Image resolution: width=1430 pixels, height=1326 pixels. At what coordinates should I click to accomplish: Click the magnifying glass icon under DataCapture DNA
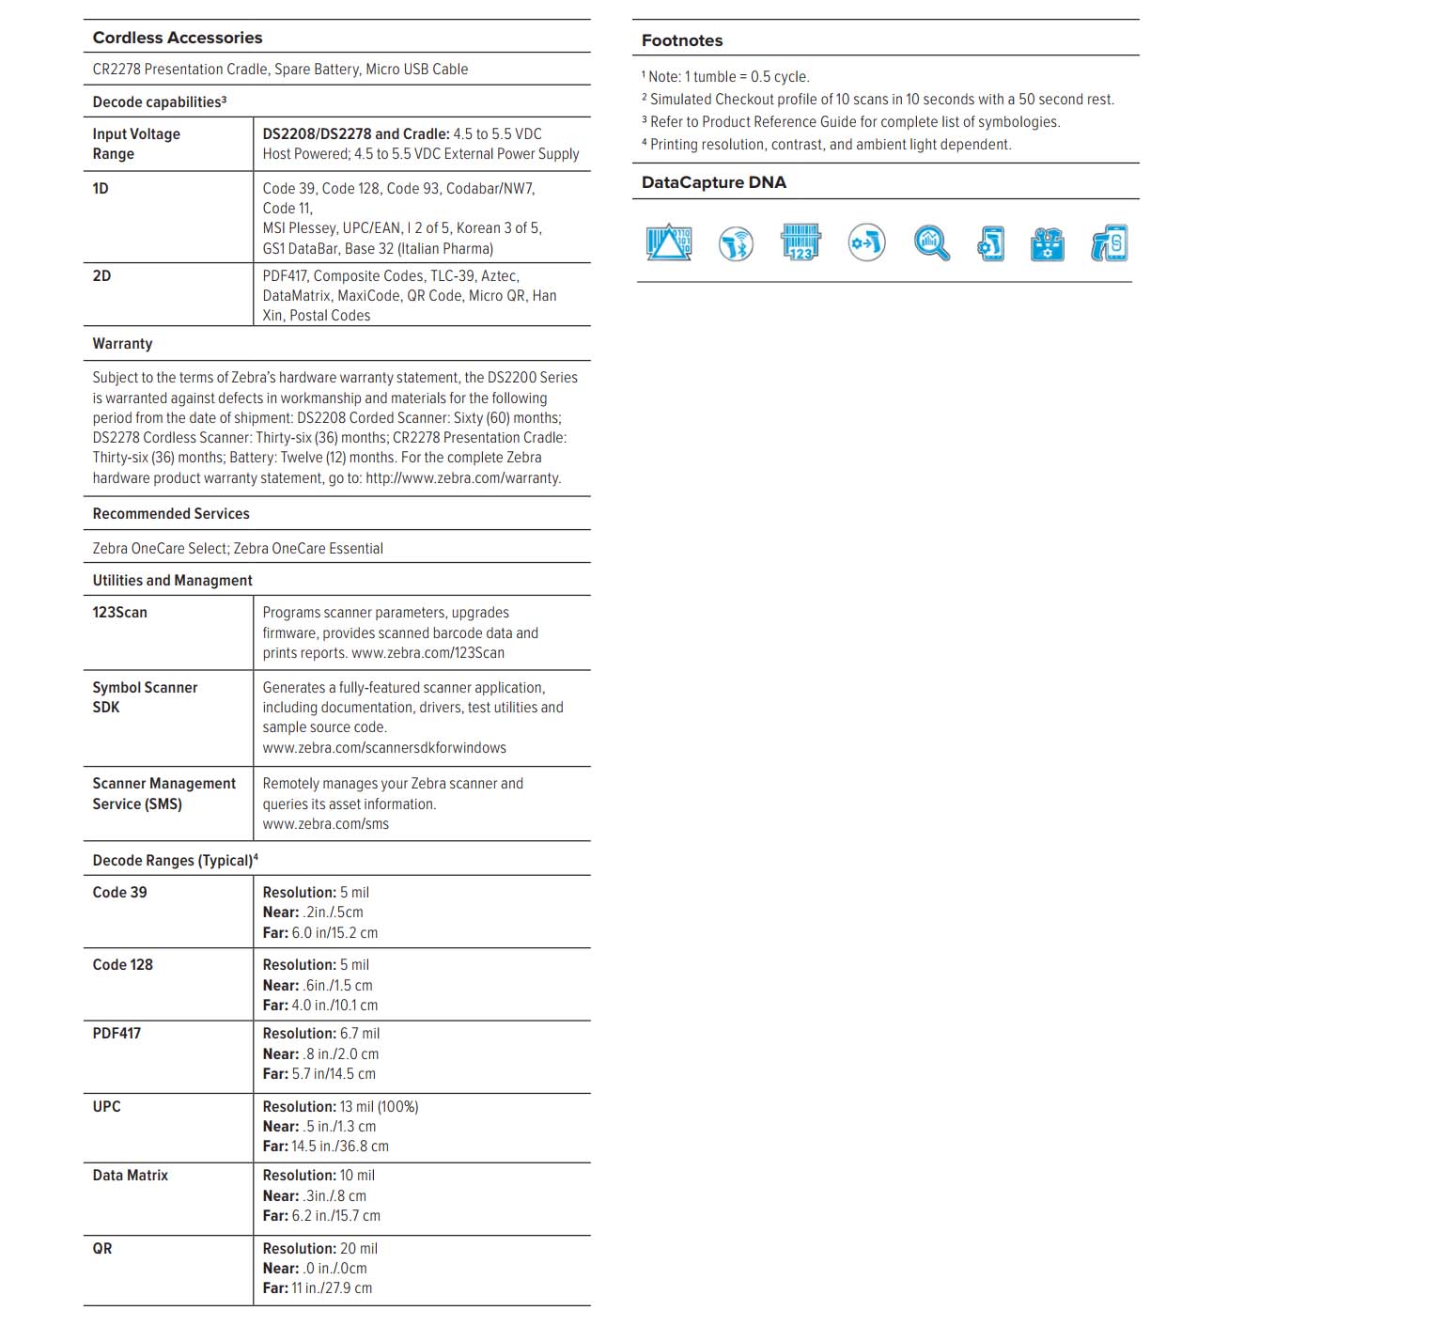click(x=930, y=242)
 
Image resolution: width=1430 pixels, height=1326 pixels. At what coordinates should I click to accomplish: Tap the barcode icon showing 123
click(x=800, y=242)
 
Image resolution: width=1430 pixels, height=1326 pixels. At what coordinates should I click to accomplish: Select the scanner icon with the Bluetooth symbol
click(x=736, y=244)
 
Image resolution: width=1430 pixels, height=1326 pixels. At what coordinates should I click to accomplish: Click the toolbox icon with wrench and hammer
click(x=1047, y=244)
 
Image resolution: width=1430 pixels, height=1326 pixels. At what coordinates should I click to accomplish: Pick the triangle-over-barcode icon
click(x=669, y=242)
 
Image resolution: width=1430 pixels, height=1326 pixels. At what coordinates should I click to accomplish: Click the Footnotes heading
click(x=682, y=40)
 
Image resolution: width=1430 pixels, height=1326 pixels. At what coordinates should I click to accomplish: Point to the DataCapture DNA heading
click(x=714, y=182)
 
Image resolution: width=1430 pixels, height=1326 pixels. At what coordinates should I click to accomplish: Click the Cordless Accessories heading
click(x=178, y=38)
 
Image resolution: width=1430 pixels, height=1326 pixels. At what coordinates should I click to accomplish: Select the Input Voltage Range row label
click(x=136, y=144)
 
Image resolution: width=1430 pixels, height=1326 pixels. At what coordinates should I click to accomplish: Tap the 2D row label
click(x=101, y=275)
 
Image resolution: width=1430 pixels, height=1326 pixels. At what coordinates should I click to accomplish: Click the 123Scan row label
click(x=119, y=612)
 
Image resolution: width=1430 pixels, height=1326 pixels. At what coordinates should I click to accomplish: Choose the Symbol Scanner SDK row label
click(x=145, y=697)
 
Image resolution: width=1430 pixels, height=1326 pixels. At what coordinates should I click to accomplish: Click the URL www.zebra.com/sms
click(x=325, y=824)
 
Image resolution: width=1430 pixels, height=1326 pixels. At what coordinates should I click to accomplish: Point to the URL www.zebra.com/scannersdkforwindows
click(x=384, y=748)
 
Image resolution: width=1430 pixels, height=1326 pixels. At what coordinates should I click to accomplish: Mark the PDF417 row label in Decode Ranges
click(x=117, y=1033)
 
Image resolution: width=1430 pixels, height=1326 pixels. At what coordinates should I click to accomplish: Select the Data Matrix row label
click(x=130, y=1175)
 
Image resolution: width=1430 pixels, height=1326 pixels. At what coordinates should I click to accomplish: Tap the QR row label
click(x=101, y=1248)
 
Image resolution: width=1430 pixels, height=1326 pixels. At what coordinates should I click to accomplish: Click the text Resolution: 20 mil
click(x=319, y=1248)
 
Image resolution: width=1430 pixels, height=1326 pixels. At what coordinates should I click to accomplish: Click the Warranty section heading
click(x=122, y=343)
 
